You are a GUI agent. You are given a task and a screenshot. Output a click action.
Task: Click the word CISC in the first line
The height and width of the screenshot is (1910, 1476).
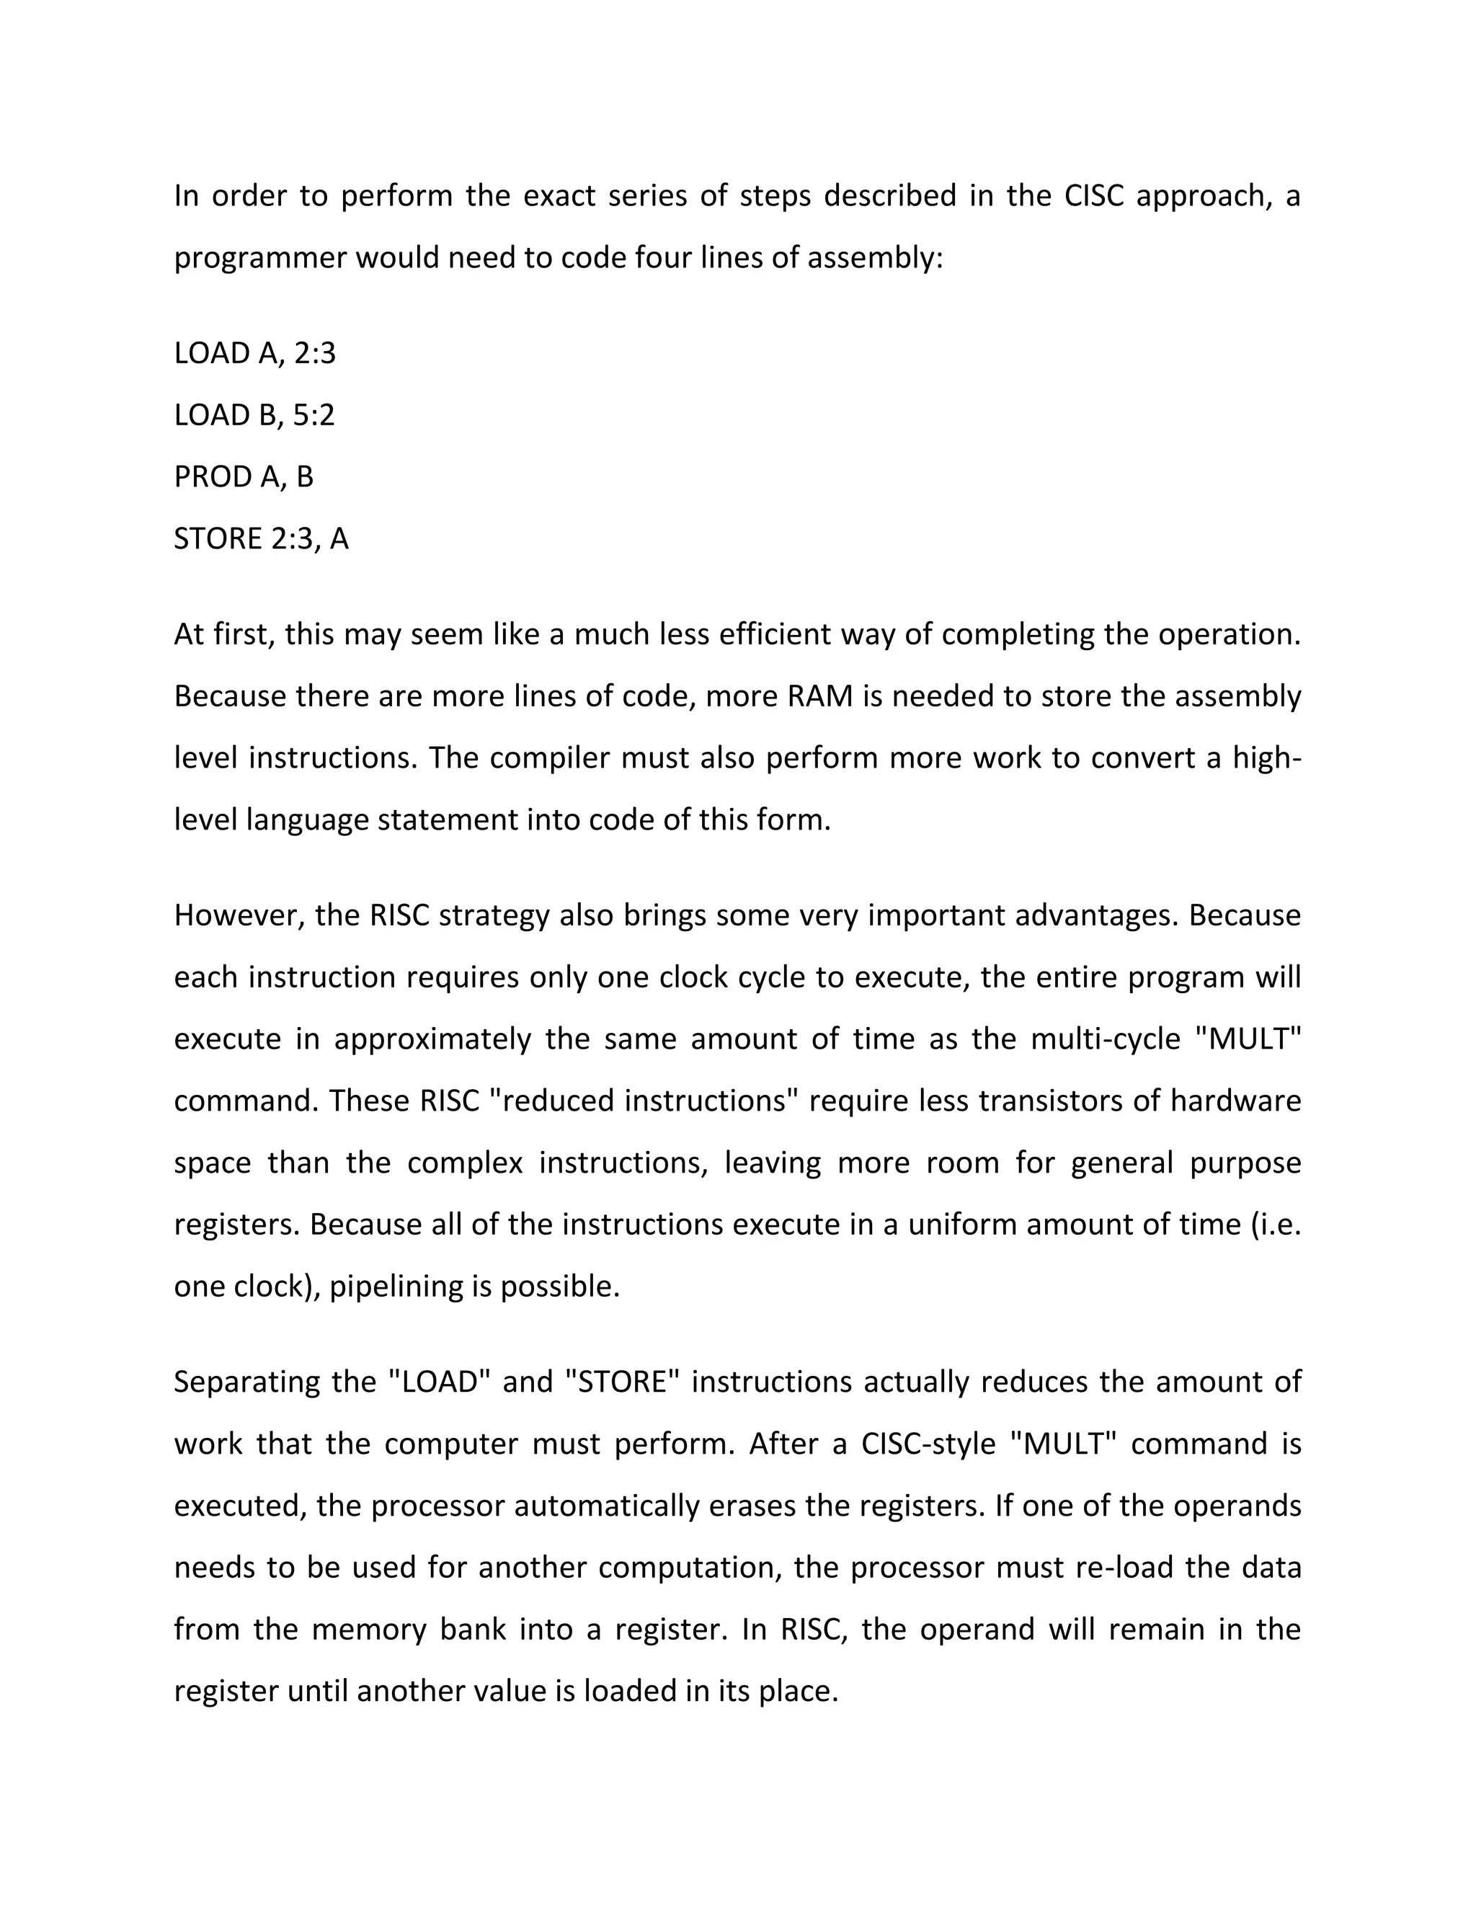tap(1093, 196)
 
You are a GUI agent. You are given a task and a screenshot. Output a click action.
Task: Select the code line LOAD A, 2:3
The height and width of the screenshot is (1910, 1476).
tap(254, 353)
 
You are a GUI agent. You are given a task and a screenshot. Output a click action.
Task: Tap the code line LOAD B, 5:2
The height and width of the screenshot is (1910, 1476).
tap(254, 415)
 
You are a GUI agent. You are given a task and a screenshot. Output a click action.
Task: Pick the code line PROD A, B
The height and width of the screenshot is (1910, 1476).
tap(243, 477)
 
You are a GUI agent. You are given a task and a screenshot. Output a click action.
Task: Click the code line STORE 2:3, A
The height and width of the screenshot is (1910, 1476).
tap(261, 538)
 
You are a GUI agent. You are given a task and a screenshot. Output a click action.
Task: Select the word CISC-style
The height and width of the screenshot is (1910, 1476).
tap(928, 1444)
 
